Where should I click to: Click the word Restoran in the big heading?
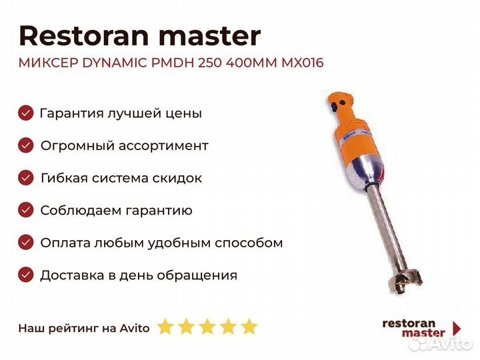click(84, 36)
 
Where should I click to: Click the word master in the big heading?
click(209, 37)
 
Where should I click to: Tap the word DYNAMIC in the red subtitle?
click(115, 63)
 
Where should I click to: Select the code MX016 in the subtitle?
click(302, 63)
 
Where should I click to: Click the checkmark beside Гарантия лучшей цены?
click(26, 113)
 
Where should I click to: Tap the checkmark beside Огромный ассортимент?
click(26, 145)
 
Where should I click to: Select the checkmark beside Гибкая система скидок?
click(26, 178)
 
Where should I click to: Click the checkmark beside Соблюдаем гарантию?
click(26, 210)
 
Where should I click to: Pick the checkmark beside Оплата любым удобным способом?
click(26, 243)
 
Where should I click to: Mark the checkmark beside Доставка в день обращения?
click(26, 275)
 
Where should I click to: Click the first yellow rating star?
click(165, 326)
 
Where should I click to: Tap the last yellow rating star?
click(249, 326)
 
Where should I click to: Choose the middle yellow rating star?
click(207, 326)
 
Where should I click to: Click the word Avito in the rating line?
click(135, 328)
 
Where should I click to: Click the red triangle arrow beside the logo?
click(457, 328)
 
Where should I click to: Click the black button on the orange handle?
click(333, 107)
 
